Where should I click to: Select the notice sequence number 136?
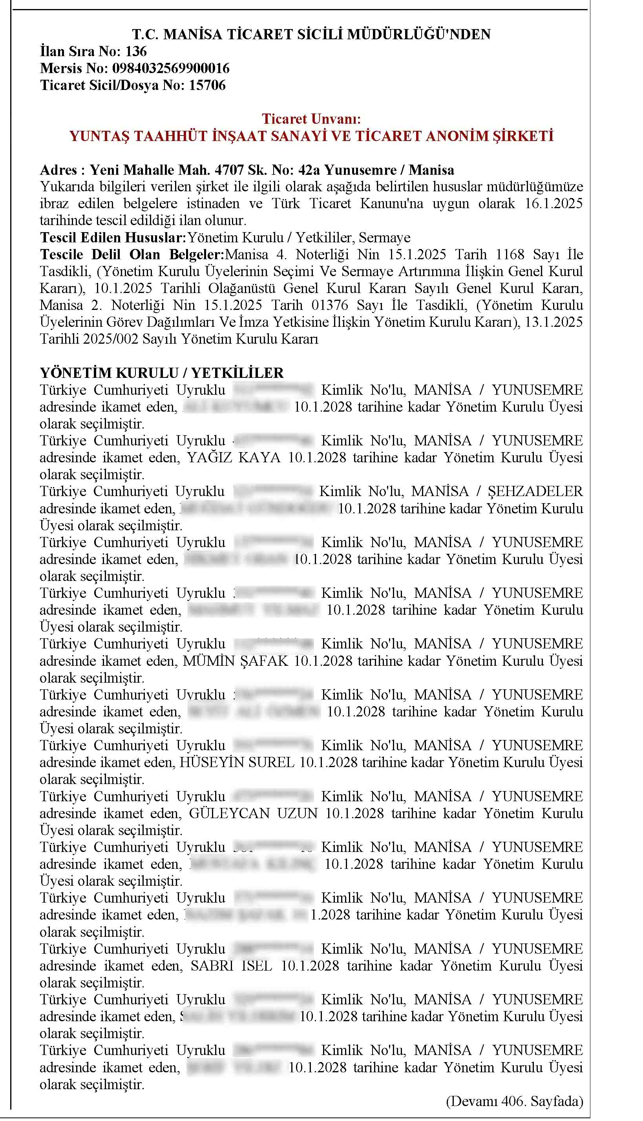pos(135,51)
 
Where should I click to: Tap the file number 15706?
pos(207,85)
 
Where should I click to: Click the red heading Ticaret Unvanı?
pos(311,119)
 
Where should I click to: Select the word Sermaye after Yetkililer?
pos(384,238)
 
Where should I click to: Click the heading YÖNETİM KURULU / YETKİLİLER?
pos(162,373)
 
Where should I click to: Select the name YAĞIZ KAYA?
pos(234,457)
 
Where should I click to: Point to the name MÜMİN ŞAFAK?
pos(236,661)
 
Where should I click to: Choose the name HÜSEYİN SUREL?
pos(237,762)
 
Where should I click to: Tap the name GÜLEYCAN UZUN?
pos(253,813)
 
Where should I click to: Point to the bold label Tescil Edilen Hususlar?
pos(113,238)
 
